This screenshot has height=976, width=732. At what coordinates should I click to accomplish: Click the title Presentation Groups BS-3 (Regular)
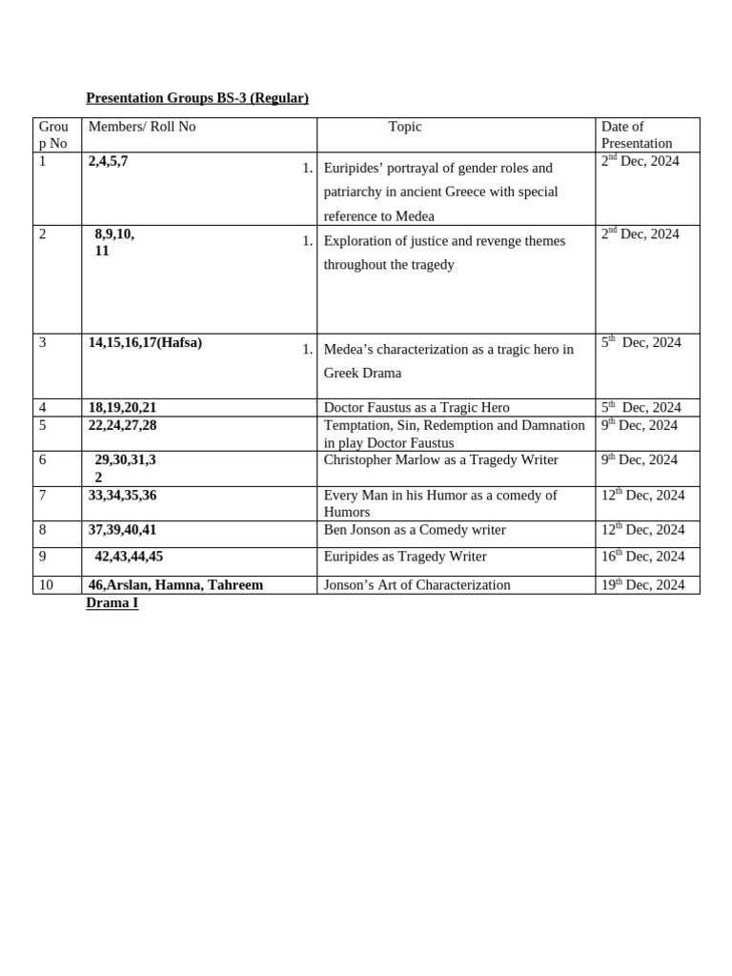pos(197,98)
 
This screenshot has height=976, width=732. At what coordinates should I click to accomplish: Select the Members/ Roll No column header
pos(142,127)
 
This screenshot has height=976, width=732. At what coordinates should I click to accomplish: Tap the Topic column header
pos(405,127)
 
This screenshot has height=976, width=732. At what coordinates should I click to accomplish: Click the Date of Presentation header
pos(636,134)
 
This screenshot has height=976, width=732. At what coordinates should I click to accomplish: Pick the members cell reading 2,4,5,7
pos(108,161)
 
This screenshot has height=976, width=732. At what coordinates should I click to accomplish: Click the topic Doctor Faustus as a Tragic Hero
pos(417,407)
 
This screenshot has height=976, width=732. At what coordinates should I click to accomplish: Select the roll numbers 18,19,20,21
pos(122,407)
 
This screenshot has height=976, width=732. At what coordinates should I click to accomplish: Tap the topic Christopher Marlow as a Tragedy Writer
pos(440,459)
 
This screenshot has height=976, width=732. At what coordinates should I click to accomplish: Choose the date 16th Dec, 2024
pos(642,557)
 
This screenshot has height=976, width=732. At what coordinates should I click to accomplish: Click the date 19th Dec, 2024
pos(642,585)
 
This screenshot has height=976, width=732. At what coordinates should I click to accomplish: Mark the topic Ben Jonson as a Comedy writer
pos(415,530)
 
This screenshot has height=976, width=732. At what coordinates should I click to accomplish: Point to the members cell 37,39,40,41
pos(122,530)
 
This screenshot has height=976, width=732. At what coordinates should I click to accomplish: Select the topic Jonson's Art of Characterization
pos(417,585)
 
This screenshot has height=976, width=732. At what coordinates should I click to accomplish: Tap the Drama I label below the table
pos(112,603)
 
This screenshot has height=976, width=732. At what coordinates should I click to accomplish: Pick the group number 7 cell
pos(43,495)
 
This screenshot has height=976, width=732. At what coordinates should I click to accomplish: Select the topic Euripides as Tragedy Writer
pos(405,557)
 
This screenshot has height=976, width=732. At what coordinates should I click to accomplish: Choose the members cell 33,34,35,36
pos(122,495)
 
